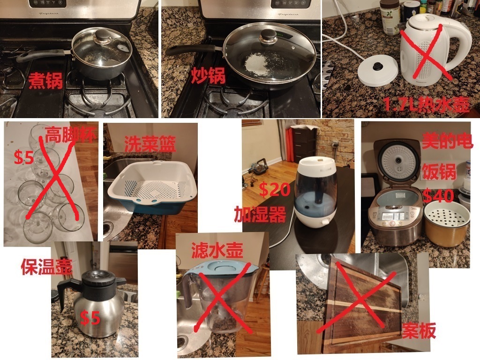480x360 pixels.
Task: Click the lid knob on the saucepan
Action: point(103,37)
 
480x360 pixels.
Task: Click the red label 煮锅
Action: point(46,80)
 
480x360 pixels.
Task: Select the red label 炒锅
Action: point(209,75)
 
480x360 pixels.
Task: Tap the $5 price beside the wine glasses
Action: point(24,157)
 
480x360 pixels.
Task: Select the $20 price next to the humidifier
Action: point(275,189)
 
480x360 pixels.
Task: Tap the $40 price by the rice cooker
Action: point(438,195)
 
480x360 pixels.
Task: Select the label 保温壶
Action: point(46,267)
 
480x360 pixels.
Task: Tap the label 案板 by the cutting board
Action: point(419,331)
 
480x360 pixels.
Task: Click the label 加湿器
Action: point(260,214)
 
